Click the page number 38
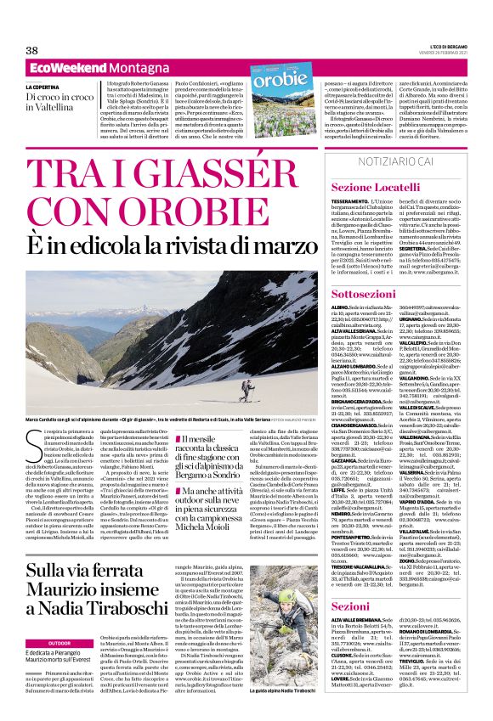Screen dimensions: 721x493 coord(32,50)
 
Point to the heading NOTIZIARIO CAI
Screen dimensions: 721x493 coord(398,161)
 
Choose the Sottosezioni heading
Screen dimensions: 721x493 coord(362,290)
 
